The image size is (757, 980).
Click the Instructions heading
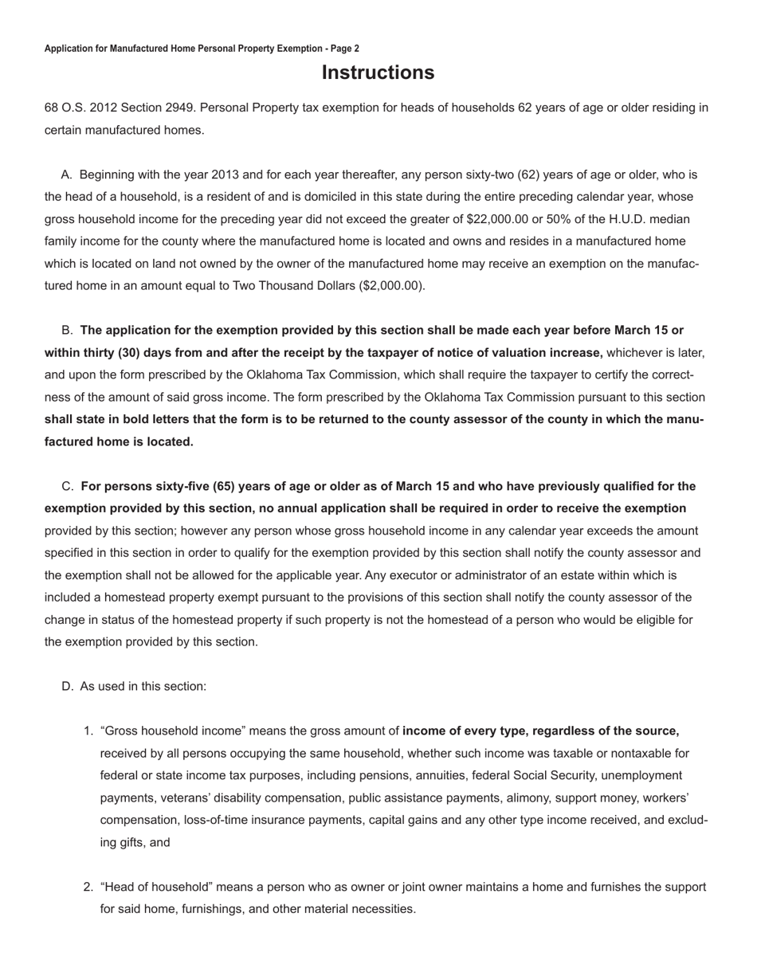pyautogui.click(x=378, y=73)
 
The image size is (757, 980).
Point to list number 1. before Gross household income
pyautogui.click(x=88, y=731)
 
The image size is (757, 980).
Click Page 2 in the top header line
pyautogui.click(x=345, y=49)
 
